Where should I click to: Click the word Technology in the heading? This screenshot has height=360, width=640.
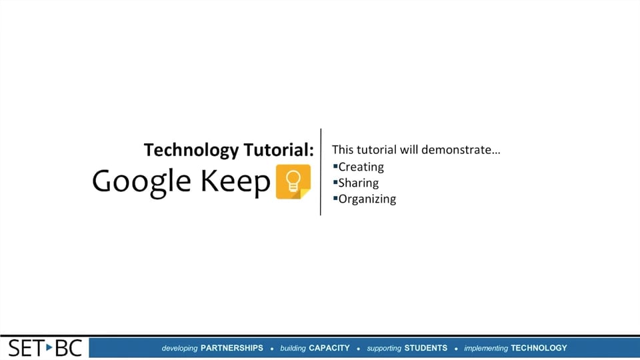coord(182,150)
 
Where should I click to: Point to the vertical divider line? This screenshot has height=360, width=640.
coord(321,172)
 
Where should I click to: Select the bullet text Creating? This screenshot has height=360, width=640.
coord(361,167)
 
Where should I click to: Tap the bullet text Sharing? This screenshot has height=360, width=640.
coord(358,183)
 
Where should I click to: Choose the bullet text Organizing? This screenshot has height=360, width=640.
coord(367,199)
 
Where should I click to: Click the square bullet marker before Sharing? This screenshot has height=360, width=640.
coord(335,181)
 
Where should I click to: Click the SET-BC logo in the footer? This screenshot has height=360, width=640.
coord(45,348)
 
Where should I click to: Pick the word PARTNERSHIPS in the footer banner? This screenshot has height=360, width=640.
coord(232,348)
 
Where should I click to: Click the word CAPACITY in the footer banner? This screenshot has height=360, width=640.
coord(329,348)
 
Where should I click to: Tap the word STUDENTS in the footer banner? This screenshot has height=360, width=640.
coord(426,348)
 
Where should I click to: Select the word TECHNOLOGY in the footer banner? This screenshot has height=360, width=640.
coord(539,348)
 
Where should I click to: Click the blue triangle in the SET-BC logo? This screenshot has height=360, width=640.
coord(49,347)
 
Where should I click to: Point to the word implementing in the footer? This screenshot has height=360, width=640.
coord(486,348)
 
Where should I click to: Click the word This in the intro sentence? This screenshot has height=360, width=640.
coord(342,149)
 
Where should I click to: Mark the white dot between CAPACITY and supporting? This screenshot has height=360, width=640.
coord(359,349)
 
